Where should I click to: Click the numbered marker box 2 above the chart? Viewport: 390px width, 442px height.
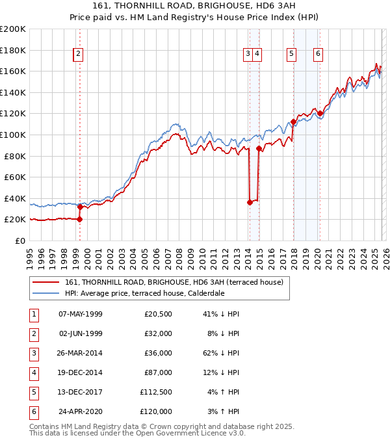click(78, 55)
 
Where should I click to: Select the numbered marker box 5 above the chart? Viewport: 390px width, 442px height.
click(291, 55)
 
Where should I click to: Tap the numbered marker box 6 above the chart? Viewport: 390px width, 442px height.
click(318, 55)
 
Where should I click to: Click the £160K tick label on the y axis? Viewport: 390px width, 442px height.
click(13, 71)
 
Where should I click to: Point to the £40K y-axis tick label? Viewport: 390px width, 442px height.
click(15, 198)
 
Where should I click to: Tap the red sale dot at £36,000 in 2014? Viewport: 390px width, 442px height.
click(250, 202)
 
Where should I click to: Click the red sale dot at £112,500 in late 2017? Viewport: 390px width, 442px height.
click(293, 122)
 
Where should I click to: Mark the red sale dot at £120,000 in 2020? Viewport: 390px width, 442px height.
click(320, 113)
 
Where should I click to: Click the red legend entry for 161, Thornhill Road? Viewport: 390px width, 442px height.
click(174, 282)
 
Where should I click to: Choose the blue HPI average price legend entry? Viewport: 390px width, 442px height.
click(144, 293)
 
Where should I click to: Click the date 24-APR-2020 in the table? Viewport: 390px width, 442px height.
click(80, 411)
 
